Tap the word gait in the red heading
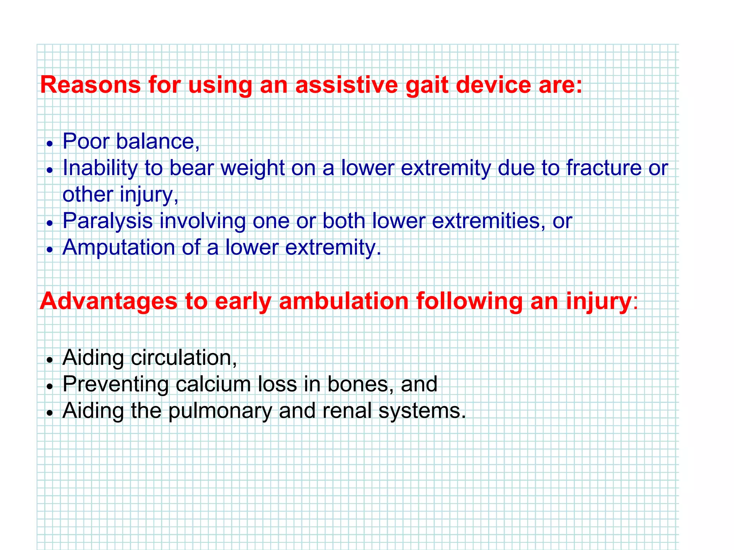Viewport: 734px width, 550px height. pyautogui.click(x=426, y=85)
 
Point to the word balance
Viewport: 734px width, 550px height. pyautogui.click(x=158, y=141)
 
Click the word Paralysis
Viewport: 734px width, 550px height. pyautogui.click(x=108, y=221)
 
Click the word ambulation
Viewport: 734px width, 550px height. pyautogui.click(x=343, y=301)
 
